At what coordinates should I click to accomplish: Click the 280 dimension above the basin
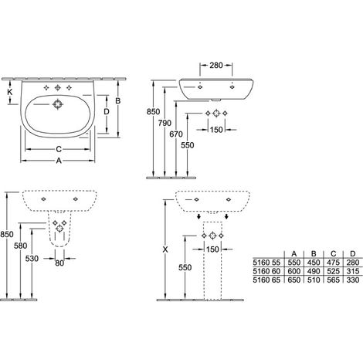[x=215, y=66]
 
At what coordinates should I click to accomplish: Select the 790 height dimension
[x=165, y=123]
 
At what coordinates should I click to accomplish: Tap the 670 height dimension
[x=176, y=134]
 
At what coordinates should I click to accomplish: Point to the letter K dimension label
[x=10, y=92]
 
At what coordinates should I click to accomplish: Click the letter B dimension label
[x=118, y=101]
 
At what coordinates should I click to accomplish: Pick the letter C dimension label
[x=59, y=149]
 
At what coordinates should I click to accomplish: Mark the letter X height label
[x=165, y=249]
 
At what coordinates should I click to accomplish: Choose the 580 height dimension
[x=21, y=246]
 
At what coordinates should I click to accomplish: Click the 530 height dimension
[x=32, y=258]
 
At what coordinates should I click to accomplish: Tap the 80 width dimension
[x=59, y=263]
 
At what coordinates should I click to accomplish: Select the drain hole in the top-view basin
[x=57, y=104]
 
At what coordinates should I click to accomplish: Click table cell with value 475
[x=334, y=263]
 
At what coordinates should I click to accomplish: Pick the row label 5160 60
[x=266, y=271]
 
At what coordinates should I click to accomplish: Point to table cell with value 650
[x=294, y=280]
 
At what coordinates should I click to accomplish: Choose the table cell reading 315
[x=353, y=271]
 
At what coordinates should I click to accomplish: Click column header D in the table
[x=353, y=254]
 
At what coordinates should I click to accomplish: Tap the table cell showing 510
[x=314, y=280]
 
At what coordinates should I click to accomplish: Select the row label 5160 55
[x=266, y=263]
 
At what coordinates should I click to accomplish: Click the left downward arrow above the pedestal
[x=198, y=216]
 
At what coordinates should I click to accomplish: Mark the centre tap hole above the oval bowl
[x=57, y=88]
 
